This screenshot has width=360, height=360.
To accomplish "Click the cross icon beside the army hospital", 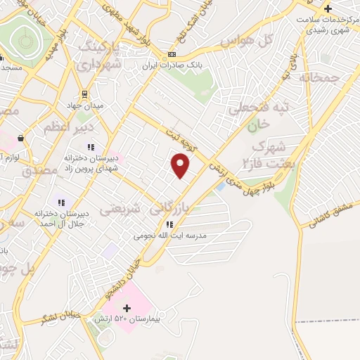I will (127, 308).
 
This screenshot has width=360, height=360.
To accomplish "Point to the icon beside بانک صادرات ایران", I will (172, 55).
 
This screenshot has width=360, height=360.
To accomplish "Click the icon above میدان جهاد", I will (85, 94).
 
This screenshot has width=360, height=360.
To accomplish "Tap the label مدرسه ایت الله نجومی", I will (169, 236).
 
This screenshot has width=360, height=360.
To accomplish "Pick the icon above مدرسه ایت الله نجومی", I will (169, 225).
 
